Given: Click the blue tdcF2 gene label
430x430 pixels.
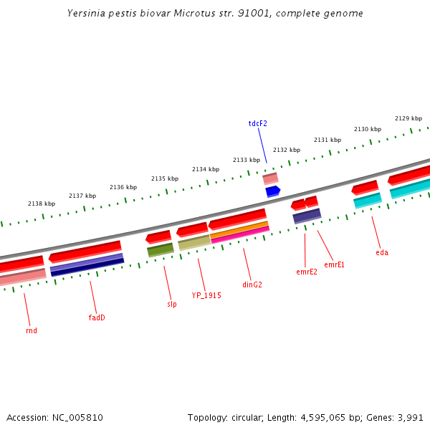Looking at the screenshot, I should [257, 123].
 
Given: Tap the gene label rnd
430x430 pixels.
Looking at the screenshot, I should [32, 330].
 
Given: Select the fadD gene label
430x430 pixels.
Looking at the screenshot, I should [97, 317].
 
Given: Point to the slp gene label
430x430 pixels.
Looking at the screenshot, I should [171, 304].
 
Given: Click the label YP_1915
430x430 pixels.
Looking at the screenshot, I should [206, 295].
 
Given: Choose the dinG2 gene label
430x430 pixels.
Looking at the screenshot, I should [252, 285].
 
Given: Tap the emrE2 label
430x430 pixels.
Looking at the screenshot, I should [306, 272].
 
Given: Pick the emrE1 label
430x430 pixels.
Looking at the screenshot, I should [334, 264].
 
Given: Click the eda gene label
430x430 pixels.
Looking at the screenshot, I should [382, 252].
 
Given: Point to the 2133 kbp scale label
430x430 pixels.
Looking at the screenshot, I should [246, 160].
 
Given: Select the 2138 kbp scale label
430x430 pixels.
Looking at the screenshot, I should [41, 204].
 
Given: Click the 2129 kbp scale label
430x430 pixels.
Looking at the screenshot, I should [408, 118].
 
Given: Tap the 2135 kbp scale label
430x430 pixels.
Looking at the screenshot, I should [164, 178].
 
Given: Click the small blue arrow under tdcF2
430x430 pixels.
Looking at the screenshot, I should [272, 191].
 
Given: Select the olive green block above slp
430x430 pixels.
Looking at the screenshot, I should [161, 249].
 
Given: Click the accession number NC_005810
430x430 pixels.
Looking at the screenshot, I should [77, 417].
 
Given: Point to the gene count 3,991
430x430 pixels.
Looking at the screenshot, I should [410, 417].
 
